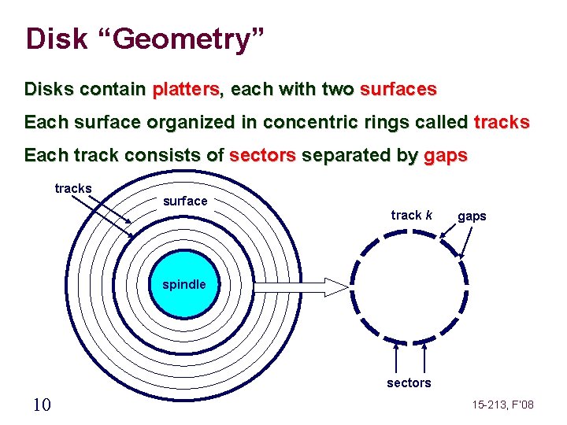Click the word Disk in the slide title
[56, 39]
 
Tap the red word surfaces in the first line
[398, 90]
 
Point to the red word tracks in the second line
[502, 123]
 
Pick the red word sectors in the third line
[262, 156]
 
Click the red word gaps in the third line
[445, 156]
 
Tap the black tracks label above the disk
[73, 189]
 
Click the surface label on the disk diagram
[185, 201]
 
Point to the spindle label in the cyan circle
[184, 284]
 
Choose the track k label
[412, 215]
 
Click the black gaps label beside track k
[472, 216]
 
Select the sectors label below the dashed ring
[409, 383]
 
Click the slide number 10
[43, 405]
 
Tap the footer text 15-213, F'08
[502, 405]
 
